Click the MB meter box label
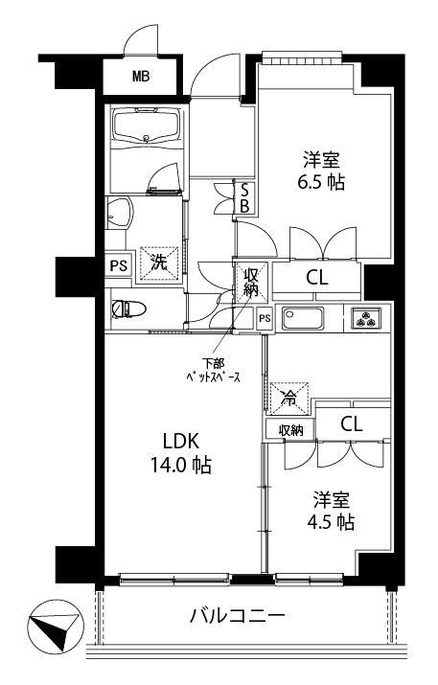[x=141, y=77]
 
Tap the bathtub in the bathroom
[x=147, y=126]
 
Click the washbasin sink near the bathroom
[x=119, y=213]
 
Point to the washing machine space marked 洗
[x=159, y=263]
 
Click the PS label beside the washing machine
[x=118, y=265]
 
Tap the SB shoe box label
[x=244, y=198]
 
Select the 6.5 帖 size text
[x=321, y=182]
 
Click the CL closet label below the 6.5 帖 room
[x=316, y=278]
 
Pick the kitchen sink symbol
[x=303, y=318]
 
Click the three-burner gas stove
[x=366, y=318]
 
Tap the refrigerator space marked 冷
[x=288, y=398]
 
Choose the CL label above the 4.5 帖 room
[x=352, y=423]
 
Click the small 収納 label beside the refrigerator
[x=291, y=431]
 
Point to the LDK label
[x=181, y=442]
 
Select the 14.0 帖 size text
[x=181, y=466]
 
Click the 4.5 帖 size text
[x=331, y=522]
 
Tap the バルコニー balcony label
[x=238, y=616]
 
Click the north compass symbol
[x=55, y=628]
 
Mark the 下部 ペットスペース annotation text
[x=214, y=371]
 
